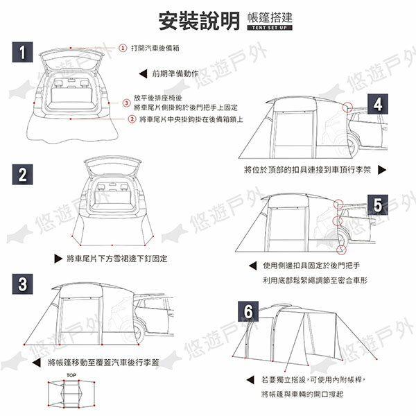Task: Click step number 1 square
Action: (x=24, y=53)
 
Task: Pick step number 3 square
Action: (x=24, y=284)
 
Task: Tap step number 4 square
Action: (x=377, y=105)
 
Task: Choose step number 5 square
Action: (x=377, y=205)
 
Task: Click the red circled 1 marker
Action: (x=123, y=48)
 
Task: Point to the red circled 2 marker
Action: (x=132, y=119)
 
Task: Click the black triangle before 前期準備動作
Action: (x=143, y=72)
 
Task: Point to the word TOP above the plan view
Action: (x=71, y=375)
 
